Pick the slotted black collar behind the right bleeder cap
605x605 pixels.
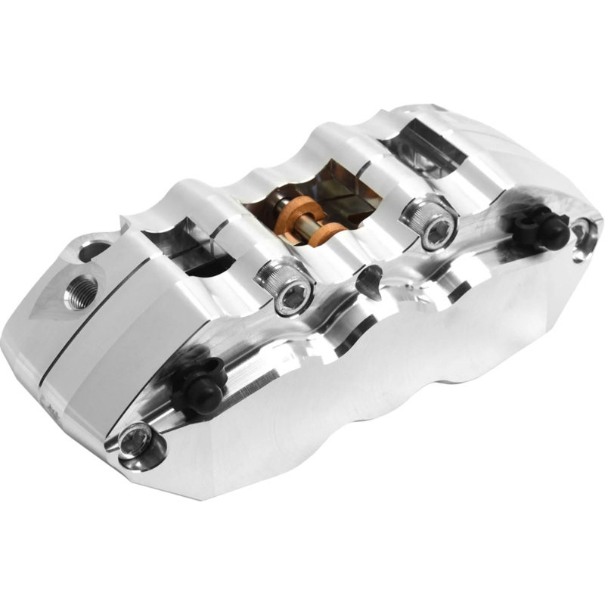(527, 222)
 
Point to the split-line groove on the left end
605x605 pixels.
(72, 348)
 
